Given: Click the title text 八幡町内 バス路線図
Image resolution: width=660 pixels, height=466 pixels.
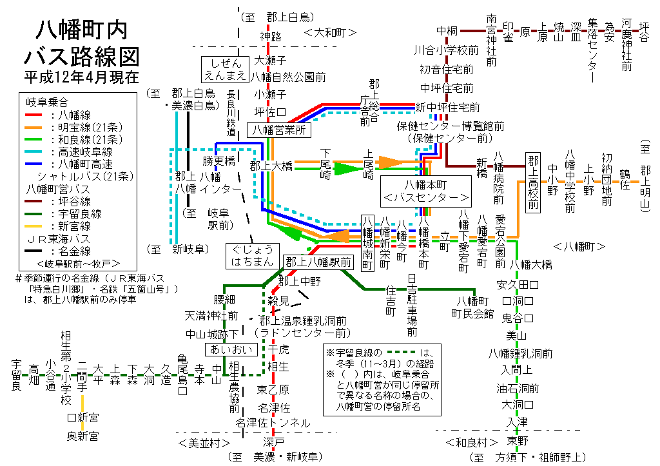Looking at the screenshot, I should (x=81, y=43).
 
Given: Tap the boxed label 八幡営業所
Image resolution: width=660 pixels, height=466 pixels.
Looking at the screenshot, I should (x=279, y=130).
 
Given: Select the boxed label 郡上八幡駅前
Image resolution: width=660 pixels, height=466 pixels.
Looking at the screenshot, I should (x=318, y=262).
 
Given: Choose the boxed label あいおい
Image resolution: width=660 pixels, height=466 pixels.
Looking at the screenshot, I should (x=231, y=349).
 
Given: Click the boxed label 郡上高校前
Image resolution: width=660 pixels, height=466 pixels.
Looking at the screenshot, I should (x=532, y=182).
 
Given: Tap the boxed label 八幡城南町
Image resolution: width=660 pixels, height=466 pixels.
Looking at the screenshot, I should (x=367, y=244).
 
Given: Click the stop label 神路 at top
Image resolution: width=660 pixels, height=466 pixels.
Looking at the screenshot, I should (x=271, y=36).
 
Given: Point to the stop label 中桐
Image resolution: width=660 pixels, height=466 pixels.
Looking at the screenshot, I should (x=447, y=30).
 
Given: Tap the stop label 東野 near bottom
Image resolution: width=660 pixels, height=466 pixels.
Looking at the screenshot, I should (x=517, y=441).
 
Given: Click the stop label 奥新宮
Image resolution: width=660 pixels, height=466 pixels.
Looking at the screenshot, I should (x=83, y=436).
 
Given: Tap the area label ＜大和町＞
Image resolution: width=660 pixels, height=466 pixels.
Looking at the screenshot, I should (x=330, y=32).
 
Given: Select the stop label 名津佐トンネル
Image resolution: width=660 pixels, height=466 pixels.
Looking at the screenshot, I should (x=273, y=423).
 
